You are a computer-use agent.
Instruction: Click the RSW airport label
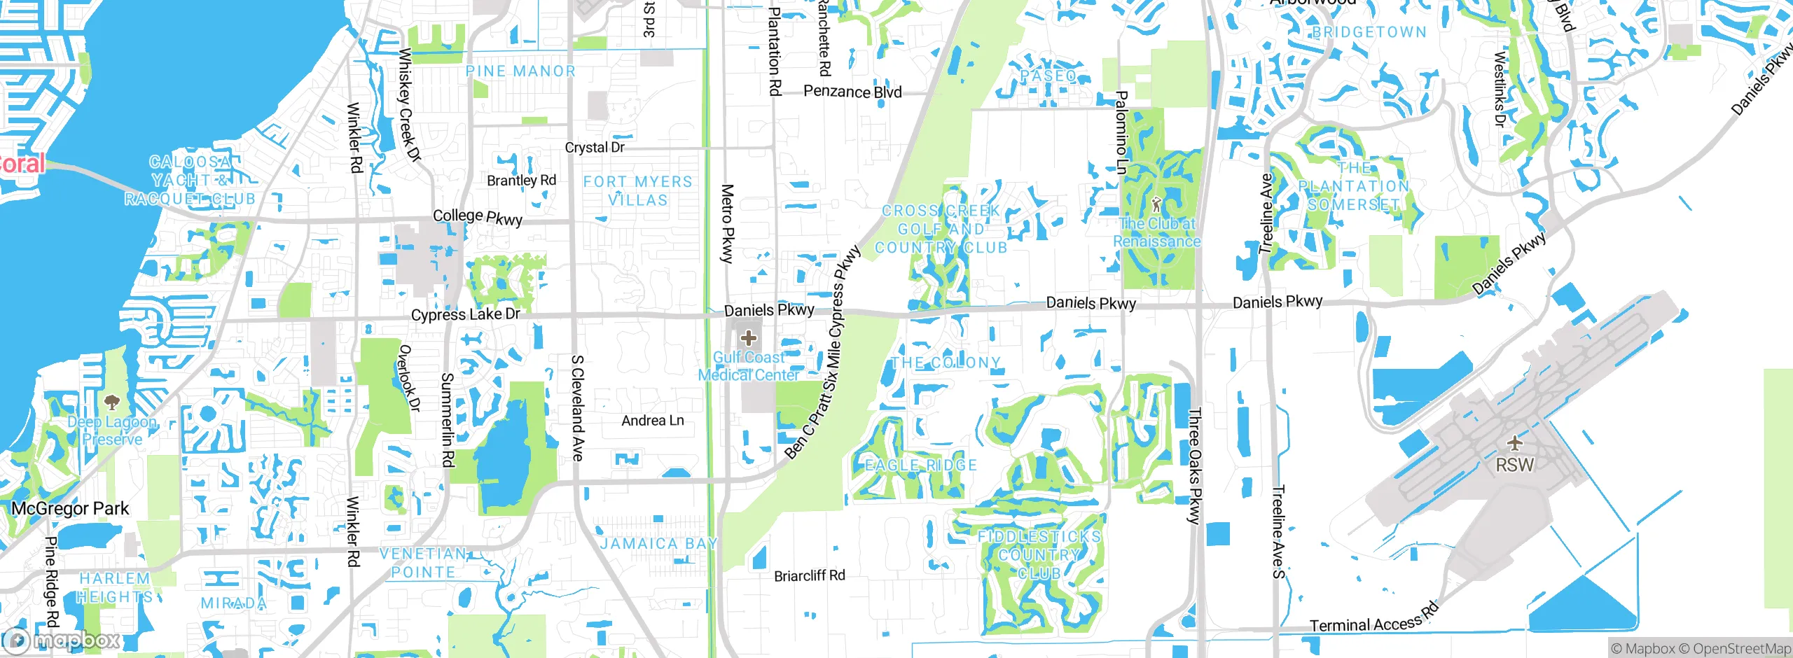point(1514,465)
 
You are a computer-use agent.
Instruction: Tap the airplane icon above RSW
point(1514,443)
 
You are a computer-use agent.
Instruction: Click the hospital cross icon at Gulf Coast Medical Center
point(748,339)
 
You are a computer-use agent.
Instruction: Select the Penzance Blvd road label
point(852,92)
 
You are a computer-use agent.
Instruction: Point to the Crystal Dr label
point(595,148)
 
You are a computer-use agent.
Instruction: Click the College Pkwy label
point(478,217)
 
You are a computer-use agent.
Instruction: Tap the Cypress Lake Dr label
point(465,314)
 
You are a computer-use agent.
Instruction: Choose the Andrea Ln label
point(653,421)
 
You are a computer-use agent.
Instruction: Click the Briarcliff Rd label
point(809,576)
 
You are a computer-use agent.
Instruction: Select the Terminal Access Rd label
point(1373,619)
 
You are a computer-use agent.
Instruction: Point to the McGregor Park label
point(70,509)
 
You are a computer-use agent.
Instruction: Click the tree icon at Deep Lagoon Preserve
point(111,402)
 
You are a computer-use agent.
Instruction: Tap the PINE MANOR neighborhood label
point(520,71)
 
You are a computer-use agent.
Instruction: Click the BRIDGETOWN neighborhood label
point(1369,32)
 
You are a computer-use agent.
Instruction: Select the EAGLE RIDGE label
point(920,465)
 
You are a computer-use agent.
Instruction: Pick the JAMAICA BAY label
point(658,544)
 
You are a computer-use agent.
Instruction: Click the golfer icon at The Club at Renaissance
point(1156,204)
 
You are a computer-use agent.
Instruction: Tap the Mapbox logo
point(62,640)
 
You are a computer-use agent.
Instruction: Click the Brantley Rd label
point(521,181)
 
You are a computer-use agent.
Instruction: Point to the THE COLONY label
point(946,363)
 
